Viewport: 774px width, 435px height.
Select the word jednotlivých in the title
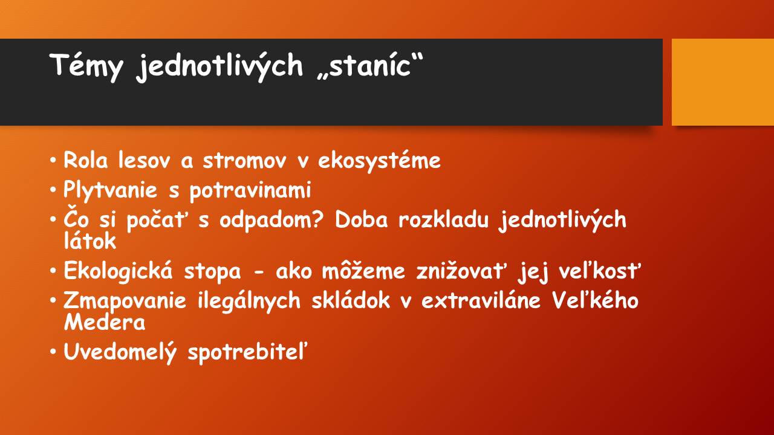[x=220, y=66]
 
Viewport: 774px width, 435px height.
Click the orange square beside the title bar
[x=723, y=82]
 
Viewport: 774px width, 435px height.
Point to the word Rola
[x=86, y=160]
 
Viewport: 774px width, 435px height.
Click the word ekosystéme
[x=379, y=161]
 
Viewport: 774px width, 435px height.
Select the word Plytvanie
[x=110, y=190]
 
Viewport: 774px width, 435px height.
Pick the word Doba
[x=362, y=219]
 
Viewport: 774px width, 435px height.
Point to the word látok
[x=90, y=240]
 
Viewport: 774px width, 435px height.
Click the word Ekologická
[x=118, y=271]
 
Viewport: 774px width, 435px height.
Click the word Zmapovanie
[x=125, y=301]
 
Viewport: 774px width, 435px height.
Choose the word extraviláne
[x=481, y=300]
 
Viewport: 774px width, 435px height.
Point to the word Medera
[x=105, y=322]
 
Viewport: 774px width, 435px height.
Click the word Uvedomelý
[x=120, y=352]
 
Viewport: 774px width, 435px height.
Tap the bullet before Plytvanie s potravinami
[x=53, y=190]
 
